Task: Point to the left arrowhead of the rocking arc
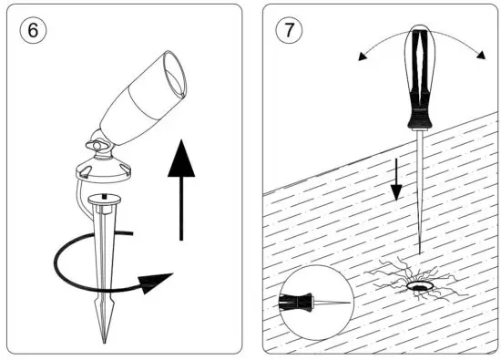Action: coord(363,57)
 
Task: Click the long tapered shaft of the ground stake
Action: coord(105,264)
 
